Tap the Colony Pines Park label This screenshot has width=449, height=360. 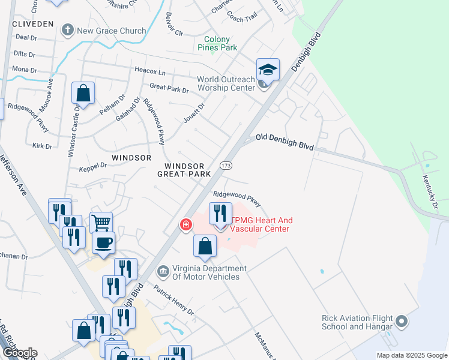(x=218, y=43)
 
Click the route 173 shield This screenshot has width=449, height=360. (x=226, y=165)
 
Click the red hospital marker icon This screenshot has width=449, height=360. (x=186, y=224)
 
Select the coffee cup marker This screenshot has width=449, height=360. (x=104, y=243)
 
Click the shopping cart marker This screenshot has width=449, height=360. (x=101, y=223)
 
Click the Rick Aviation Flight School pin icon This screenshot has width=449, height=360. (x=403, y=322)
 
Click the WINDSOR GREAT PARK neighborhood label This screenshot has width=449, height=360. (x=184, y=170)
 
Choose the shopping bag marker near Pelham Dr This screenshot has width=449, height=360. (x=83, y=94)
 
